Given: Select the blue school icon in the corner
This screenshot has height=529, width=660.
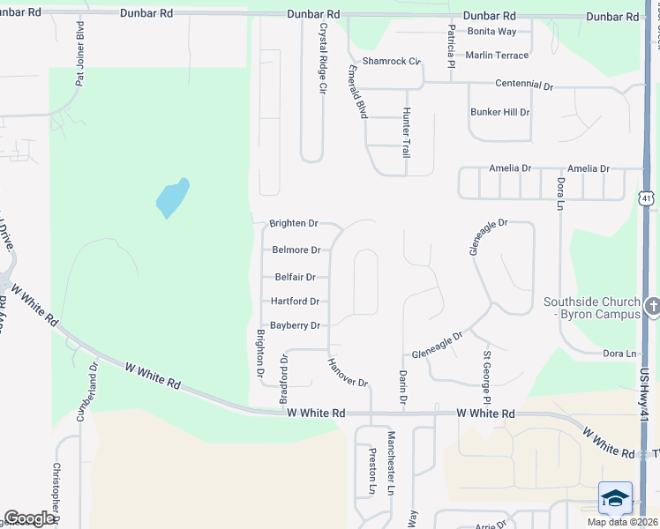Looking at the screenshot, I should [615, 498].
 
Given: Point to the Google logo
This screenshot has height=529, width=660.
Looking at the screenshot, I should [29, 518].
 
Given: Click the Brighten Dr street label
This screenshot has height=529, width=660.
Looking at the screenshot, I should [294, 224].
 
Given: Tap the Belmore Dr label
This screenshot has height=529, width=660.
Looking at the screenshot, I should [295, 250].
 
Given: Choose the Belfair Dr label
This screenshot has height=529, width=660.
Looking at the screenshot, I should [293, 277].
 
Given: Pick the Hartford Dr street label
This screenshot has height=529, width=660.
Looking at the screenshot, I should [295, 302].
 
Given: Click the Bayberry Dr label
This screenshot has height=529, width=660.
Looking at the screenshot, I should [295, 325].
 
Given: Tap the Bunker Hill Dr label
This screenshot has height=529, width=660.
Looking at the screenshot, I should [500, 113].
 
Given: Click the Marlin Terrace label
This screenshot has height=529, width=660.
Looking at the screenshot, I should [497, 56].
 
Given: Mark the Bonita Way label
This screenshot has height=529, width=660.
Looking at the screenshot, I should [492, 31].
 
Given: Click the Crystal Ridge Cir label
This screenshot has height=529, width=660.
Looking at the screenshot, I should [323, 58].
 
